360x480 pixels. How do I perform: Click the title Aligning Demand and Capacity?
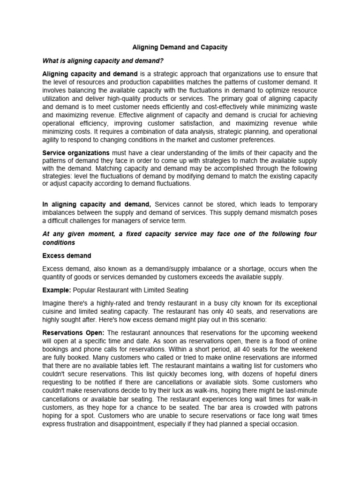[180, 47]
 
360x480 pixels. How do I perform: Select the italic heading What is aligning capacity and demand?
[103, 60]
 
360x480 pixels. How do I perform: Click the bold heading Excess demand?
[67, 256]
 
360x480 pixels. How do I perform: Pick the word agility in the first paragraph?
[52, 140]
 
